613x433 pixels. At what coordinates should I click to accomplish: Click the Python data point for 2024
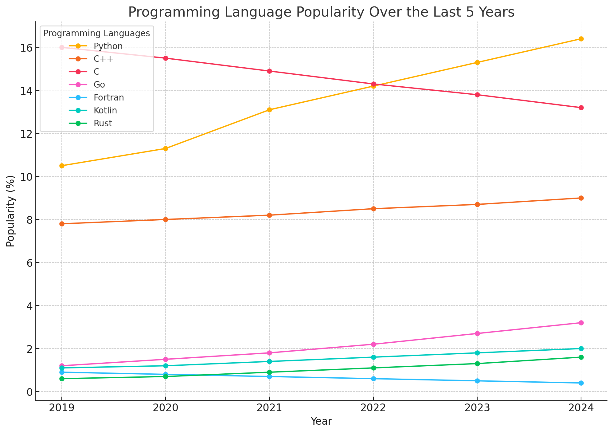click(581, 39)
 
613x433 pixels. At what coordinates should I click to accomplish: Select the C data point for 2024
click(581, 108)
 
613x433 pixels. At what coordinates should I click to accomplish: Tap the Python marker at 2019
click(62, 166)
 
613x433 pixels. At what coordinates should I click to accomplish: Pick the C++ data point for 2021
click(269, 215)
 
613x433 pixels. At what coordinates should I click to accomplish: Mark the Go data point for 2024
click(581, 323)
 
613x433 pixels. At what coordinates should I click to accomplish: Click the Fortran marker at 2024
click(581, 383)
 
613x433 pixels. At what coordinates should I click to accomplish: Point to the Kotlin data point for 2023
click(477, 353)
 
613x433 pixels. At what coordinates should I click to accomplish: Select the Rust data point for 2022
click(373, 368)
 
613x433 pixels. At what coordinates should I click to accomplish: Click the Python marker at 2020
click(166, 148)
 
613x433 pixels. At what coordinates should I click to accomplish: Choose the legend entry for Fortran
click(109, 98)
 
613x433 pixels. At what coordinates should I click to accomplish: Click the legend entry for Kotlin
click(105, 111)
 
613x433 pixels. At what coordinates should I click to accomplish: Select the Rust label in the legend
click(103, 124)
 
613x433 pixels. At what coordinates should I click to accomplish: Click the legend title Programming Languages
click(97, 33)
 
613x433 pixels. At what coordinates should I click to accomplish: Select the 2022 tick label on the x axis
click(373, 408)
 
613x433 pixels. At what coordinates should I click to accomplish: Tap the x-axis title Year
click(321, 421)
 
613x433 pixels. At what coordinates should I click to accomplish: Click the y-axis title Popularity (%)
click(10, 211)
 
